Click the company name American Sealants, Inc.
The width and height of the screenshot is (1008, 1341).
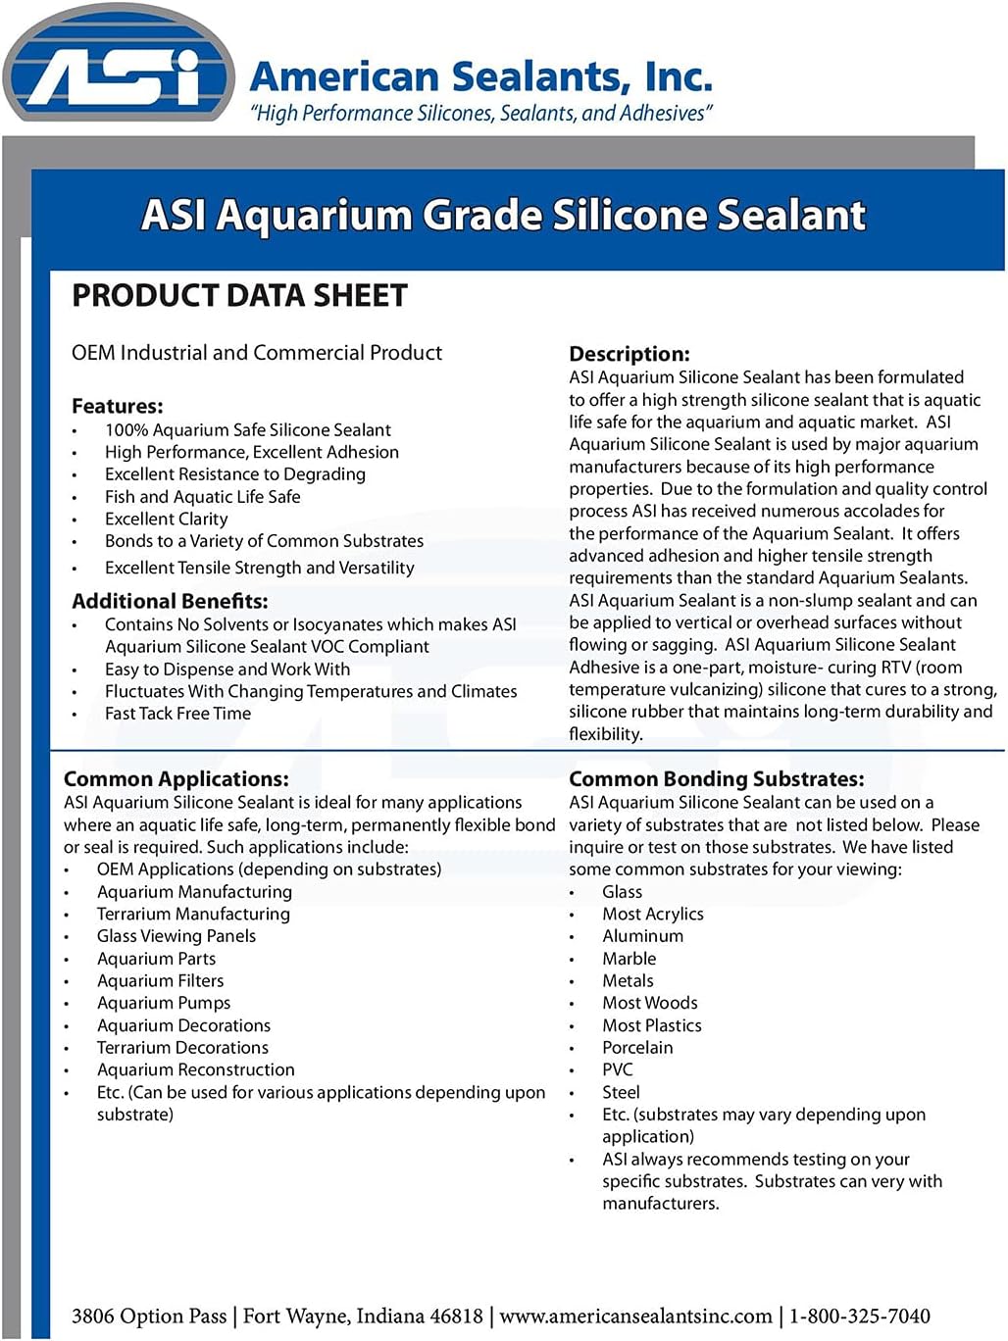click(480, 76)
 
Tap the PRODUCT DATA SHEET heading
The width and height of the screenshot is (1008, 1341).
click(239, 296)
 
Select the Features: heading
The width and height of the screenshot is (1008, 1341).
click(118, 406)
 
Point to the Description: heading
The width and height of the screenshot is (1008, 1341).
click(630, 354)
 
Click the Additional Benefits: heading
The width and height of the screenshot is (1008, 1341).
click(170, 601)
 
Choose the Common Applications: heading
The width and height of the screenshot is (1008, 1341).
click(176, 779)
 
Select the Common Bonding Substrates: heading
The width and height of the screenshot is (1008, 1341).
click(717, 779)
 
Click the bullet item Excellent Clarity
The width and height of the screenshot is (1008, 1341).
click(167, 519)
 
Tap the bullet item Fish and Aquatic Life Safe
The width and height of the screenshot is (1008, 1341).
click(203, 497)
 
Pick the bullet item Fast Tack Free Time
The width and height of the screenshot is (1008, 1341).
click(177, 714)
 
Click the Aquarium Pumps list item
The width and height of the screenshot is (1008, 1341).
click(164, 1003)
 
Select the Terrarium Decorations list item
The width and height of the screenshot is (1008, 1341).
click(182, 1048)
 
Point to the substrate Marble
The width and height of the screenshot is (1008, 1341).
click(630, 959)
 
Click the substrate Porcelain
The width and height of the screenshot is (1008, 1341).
click(637, 1048)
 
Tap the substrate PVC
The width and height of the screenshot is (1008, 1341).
click(618, 1069)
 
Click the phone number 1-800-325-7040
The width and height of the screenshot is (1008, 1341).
click(860, 1316)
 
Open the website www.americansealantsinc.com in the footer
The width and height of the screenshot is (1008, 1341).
click(636, 1316)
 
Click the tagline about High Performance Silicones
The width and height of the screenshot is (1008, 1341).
click(480, 114)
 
